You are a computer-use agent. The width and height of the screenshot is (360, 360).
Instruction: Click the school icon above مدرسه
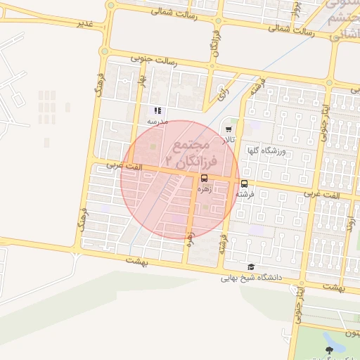(157, 110)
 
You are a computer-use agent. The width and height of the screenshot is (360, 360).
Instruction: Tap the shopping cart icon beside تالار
(229, 129)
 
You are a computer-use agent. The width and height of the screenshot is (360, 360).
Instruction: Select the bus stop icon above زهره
(205, 178)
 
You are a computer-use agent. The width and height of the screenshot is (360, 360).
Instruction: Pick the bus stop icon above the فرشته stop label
(244, 184)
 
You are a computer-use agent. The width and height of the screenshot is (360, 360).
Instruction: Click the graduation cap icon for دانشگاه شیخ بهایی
(251, 266)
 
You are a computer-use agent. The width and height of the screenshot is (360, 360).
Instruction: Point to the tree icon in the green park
(328, 349)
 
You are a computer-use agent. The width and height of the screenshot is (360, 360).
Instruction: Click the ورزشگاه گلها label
(263, 150)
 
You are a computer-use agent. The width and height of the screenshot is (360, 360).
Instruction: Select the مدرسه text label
(155, 121)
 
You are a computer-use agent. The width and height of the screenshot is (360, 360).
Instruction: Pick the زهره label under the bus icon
(205, 188)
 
